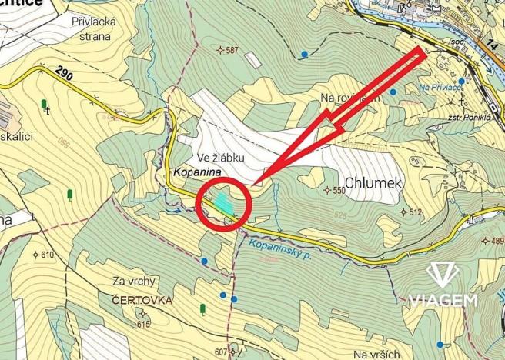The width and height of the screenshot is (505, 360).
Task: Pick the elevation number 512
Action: pyautogui.click(x=416, y=212)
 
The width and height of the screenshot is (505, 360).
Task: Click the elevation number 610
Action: pyautogui.click(x=48, y=255)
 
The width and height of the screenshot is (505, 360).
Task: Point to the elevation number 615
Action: pyautogui.click(x=143, y=325)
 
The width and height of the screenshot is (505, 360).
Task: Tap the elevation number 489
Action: pyautogui.click(x=497, y=242)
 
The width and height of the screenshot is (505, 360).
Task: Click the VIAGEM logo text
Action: pyautogui.click(x=443, y=298)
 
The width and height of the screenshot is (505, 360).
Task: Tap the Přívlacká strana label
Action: pyautogui.click(x=92, y=29)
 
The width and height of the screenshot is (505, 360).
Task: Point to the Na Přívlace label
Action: pyautogui.click(x=440, y=88)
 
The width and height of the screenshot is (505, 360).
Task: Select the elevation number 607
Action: pyautogui.click(x=222, y=352)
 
